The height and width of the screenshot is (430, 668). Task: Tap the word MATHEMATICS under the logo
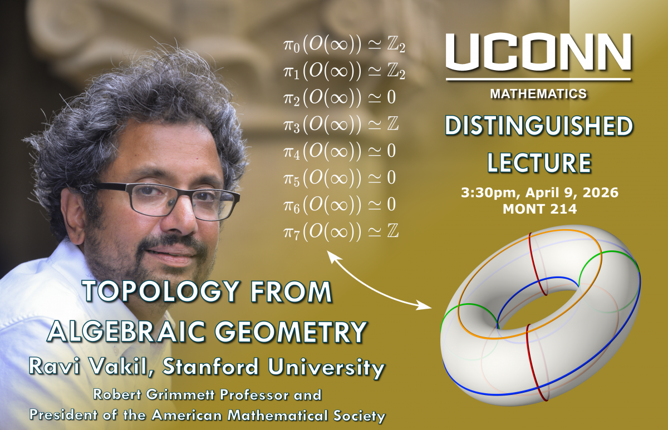pyautogui.click(x=538, y=94)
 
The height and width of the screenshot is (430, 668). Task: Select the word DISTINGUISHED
pyautogui.click(x=539, y=126)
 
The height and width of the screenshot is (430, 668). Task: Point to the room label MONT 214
pyautogui.click(x=540, y=209)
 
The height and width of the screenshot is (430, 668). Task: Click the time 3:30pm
pyautogui.click(x=488, y=193)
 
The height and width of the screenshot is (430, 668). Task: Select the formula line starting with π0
pyautogui.click(x=344, y=45)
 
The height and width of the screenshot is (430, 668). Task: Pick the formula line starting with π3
pyautogui.click(x=341, y=125)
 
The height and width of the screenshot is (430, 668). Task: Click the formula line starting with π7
pyautogui.click(x=341, y=232)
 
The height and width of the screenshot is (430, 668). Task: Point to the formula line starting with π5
pyautogui.click(x=340, y=178)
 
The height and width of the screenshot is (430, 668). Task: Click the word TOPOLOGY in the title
pyautogui.click(x=161, y=293)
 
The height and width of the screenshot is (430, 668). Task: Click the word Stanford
pyautogui.click(x=211, y=367)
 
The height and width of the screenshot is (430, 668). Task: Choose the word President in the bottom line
pyautogui.click(x=63, y=415)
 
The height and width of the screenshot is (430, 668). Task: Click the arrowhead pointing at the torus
pyautogui.click(x=424, y=305)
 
